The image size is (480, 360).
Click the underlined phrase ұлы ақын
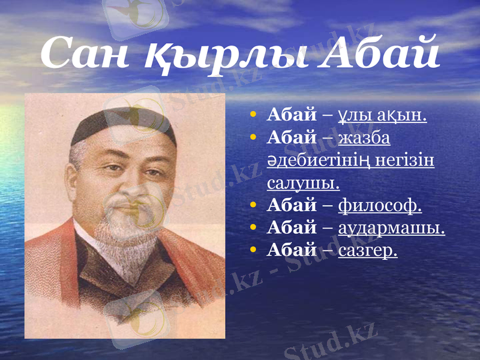coord(383,115)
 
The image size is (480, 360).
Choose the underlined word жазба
coord(365,139)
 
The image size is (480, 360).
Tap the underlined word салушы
coord(303,182)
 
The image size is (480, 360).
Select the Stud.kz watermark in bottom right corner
coord(330,342)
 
